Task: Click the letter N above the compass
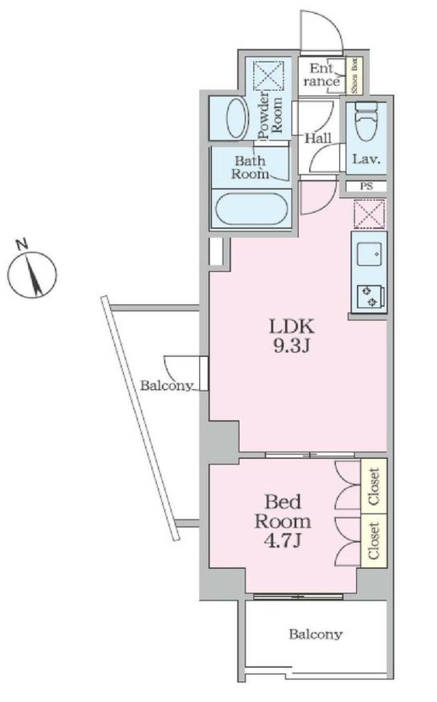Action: (21, 244)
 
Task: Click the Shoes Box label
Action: (355, 75)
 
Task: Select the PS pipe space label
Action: (366, 186)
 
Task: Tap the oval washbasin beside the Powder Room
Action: (237, 118)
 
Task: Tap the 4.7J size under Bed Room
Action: (282, 542)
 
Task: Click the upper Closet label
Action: (374, 486)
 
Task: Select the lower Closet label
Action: (374, 541)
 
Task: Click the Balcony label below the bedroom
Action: (315, 634)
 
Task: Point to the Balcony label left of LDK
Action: (167, 386)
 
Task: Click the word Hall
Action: (319, 138)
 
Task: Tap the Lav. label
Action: (366, 159)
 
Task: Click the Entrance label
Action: (323, 75)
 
